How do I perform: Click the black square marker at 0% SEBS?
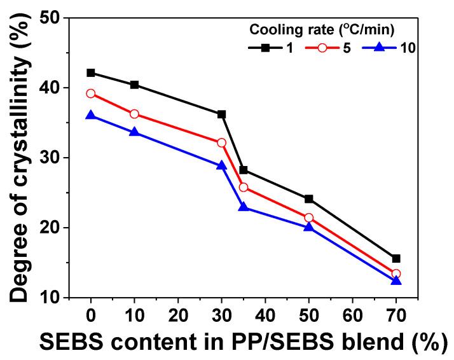[x=91, y=73]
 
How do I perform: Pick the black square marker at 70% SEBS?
[x=396, y=258]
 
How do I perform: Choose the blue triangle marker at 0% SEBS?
[x=91, y=115]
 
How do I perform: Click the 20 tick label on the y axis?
[x=64, y=228]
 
